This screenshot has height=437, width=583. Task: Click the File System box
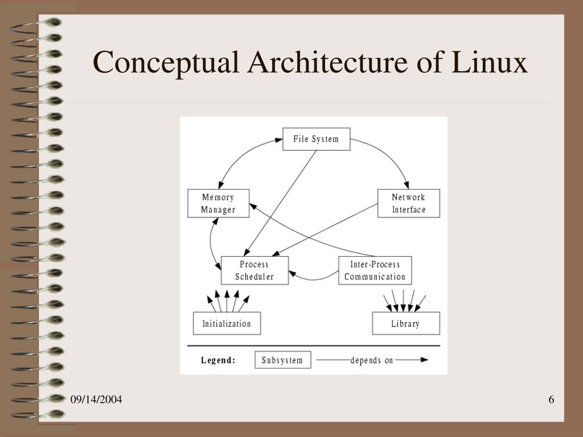click(x=316, y=139)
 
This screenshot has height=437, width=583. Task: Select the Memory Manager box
click(x=218, y=204)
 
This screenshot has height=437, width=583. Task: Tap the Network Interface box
click(x=408, y=204)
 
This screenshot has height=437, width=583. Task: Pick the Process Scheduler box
click(x=254, y=271)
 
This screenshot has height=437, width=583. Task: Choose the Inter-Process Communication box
click(x=375, y=271)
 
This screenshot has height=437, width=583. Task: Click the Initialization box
click(x=227, y=324)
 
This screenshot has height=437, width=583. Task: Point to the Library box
click(x=405, y=324)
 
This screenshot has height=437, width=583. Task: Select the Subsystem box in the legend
click(x=282, y=360)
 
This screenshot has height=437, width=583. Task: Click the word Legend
click(x=218, y=360)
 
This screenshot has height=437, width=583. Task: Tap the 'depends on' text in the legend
click(x=371, y=360)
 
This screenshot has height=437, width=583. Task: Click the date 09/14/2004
click(x=96, y=400)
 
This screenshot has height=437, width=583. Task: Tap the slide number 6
click(x=551, y=400)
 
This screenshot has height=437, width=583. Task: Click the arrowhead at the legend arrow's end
click(x=424, y=360)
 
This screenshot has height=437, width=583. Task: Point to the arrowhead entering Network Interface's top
click(x=406, y=185)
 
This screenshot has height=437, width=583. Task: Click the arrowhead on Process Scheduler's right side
click(x=293, y=274)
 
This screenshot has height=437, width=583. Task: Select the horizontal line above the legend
click(x=314, y=345)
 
